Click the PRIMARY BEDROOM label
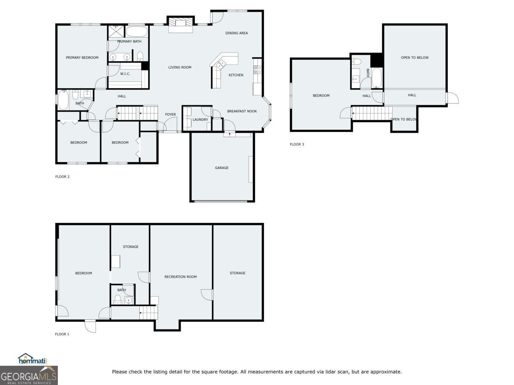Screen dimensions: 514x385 point(82,57)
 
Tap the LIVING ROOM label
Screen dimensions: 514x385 point(179,67)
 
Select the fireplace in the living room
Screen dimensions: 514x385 point(180,24)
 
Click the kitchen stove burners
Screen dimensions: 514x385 point(257,70)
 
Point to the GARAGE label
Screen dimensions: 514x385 point(222,168)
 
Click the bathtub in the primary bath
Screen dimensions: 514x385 point(137,32)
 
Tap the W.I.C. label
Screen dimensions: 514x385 point(125,74)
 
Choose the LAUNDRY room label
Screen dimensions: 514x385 point(200,120)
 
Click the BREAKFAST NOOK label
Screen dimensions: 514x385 point(242,111)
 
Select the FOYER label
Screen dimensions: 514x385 point(170,115)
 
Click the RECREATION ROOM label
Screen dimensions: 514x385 point(180,277)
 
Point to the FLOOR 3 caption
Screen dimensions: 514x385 point(297,144)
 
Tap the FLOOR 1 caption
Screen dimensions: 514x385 point(62,334)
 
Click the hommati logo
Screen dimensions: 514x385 point(32,359)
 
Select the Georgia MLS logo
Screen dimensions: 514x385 point(29,375)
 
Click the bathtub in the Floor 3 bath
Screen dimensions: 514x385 point(377,78)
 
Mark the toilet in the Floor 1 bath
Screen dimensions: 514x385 point(118,299)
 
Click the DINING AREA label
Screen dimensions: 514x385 point(237,33)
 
